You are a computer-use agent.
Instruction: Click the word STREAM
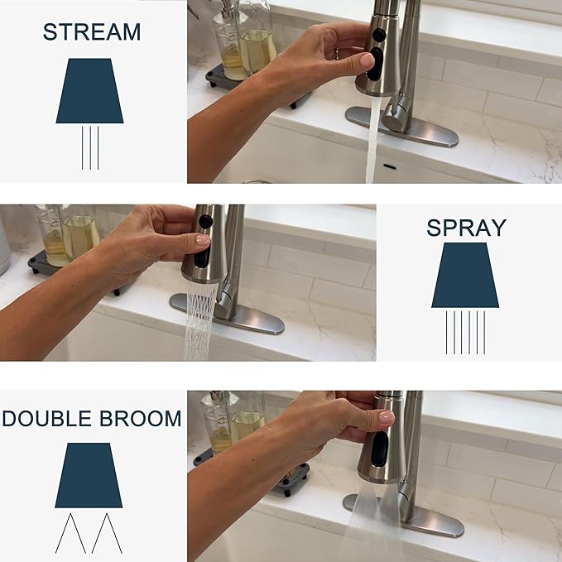click(x=92, y=32)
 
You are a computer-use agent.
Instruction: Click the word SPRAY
click(x=466, y=228)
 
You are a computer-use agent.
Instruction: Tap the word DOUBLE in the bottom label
click(x=47, y=418)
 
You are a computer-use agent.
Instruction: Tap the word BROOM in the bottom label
click(x=140, y=418)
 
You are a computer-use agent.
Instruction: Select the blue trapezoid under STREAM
click(x=89, y=91)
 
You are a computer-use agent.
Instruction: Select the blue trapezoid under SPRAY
click(x=465, y=276)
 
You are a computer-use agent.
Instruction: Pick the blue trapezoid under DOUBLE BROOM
click(x=89, y=475)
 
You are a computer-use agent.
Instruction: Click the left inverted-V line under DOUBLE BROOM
click(x=70, y=533)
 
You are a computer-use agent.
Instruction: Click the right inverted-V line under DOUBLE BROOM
click(x=107, y=533)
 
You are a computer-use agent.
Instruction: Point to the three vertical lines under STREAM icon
click(x=90, y=147)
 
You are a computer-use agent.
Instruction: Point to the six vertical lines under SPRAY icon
click(x=466, y=333)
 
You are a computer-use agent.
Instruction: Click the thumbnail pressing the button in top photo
click(x=367, y=60)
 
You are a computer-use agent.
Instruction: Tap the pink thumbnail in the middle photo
click(x=203, y=239)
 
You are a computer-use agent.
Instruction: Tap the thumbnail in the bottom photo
click(x=387, y=417)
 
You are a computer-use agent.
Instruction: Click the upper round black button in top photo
click(x=379, y=35)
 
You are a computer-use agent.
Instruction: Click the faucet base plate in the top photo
click(x=402, y=127)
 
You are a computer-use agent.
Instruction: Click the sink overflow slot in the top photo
click(x=390, y=166)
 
